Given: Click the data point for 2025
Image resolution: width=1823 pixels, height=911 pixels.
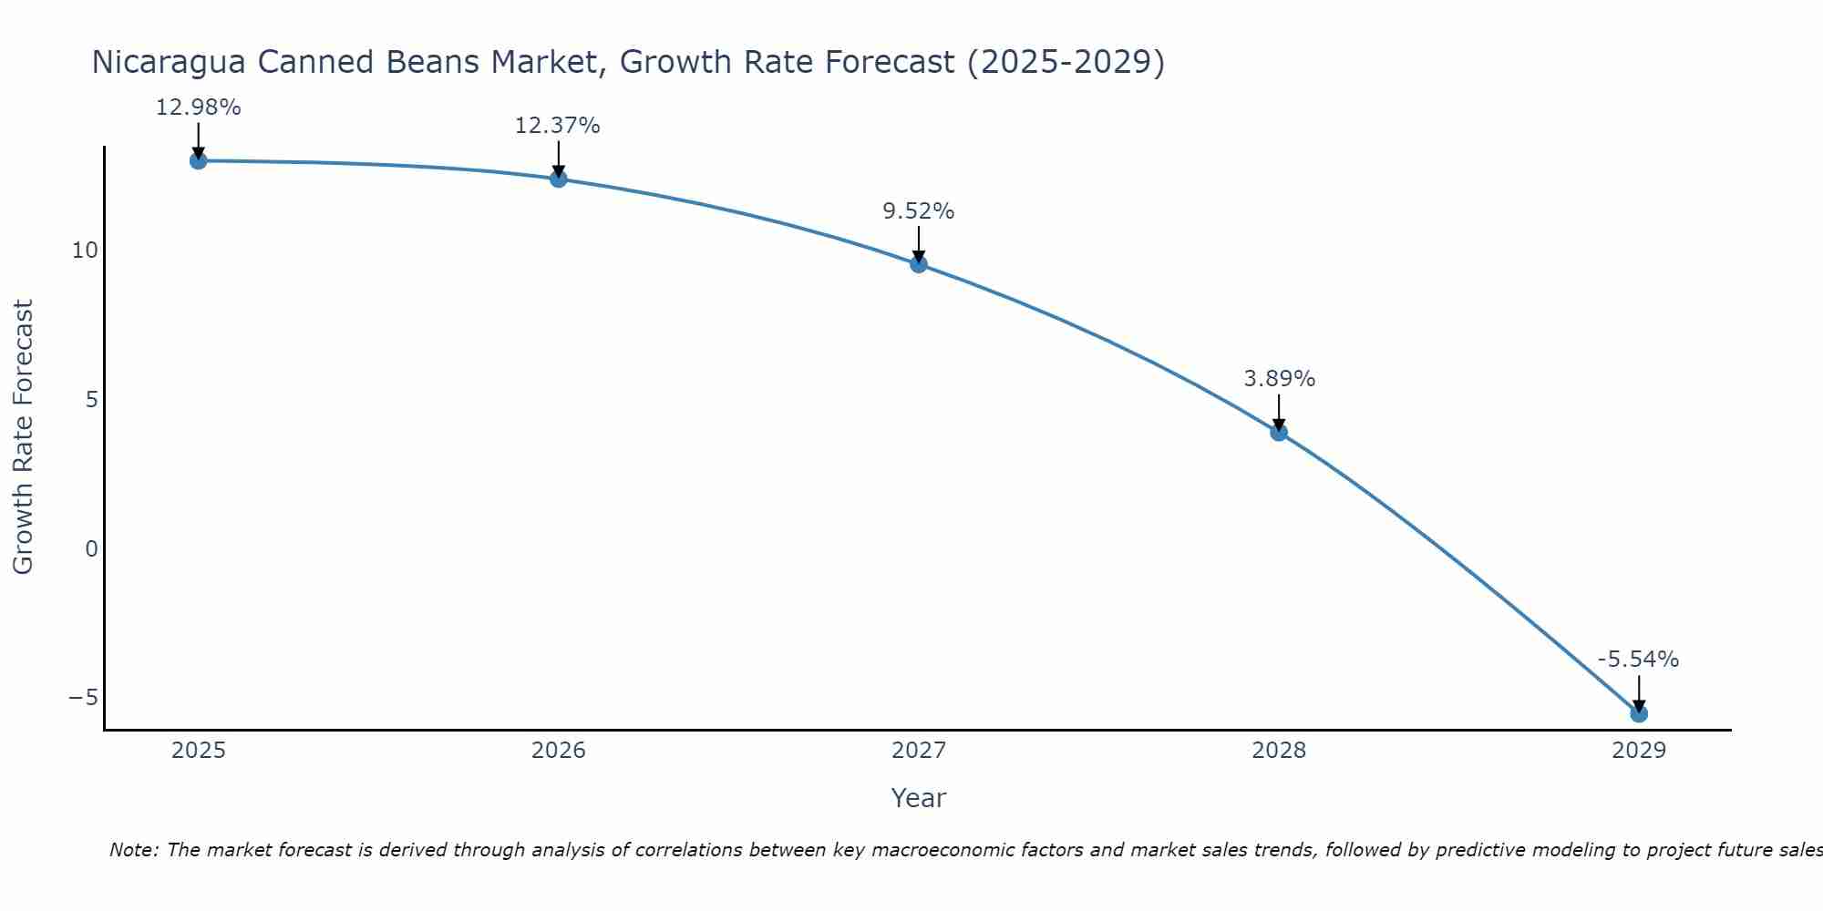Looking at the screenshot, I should point(198,161).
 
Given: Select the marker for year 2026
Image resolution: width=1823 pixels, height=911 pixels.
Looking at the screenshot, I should point(558,179).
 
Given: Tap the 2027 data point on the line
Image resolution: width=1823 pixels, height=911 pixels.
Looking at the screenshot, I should point(918,264).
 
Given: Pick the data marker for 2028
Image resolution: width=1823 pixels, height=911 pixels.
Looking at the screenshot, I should point(1279,432).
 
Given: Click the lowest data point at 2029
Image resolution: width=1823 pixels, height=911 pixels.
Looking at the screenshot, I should point(1639,713).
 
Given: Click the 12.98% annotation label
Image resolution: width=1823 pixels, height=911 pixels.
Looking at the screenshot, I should point(198,107).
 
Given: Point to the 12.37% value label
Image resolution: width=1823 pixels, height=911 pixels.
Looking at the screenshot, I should point(557,126).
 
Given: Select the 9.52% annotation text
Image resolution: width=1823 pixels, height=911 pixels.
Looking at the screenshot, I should point(918,211).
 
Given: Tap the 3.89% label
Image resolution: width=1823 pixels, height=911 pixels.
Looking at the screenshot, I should point(1279,379).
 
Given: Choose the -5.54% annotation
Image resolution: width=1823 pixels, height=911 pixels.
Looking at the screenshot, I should point(1638,660).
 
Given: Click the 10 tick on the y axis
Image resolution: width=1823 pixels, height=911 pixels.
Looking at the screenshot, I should point(84,251).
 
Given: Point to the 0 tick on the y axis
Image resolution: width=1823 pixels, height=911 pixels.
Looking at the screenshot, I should point(91,548).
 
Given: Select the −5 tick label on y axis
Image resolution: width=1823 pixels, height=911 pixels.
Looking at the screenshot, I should point(83,698).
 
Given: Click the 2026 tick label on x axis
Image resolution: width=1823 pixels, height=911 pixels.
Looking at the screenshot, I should point(558,751).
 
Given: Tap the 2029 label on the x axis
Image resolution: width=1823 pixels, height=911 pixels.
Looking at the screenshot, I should point(1639,751).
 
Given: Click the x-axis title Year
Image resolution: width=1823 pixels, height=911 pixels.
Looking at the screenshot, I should point(918,798).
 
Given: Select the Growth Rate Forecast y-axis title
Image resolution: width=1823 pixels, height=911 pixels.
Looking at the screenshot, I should point(23,436).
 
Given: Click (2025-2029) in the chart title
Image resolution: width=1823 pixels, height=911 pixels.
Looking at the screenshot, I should point(1066,63).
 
